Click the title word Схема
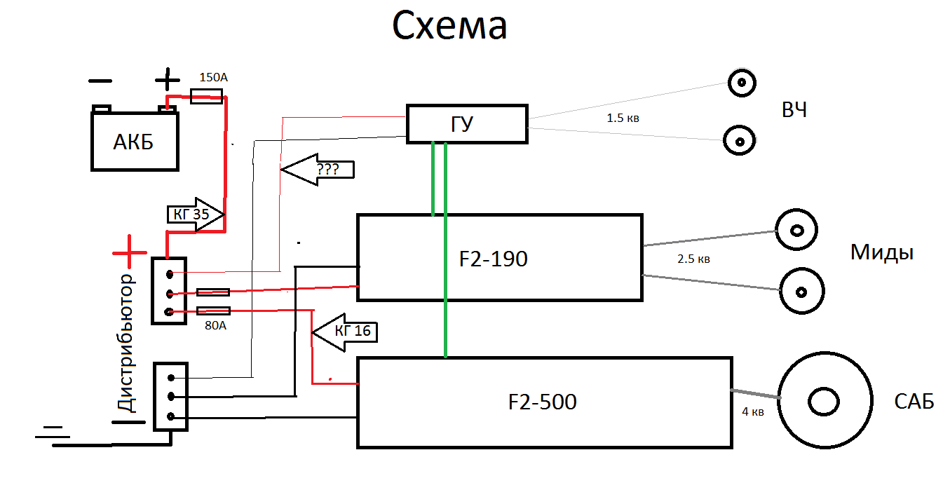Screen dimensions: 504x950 (449, 27)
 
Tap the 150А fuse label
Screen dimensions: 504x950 (213, 77)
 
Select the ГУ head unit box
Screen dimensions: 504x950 (467, 124)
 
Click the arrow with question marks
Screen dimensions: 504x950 (317, 170)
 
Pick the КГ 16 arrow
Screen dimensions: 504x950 (344, 331)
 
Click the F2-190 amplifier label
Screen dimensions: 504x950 (493, 259)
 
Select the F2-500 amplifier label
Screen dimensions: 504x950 (542, 402)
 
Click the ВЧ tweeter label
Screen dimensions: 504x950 (793, 110)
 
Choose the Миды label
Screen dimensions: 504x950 (881, 252)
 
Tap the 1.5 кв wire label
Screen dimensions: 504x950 (623, 118)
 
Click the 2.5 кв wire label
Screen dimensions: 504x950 (693, 259)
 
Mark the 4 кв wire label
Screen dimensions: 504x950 (752, 412)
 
